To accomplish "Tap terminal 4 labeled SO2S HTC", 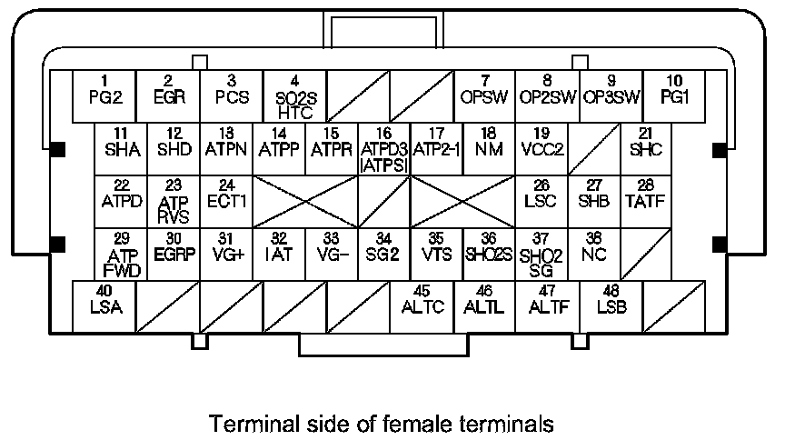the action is [x=294, y=97].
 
